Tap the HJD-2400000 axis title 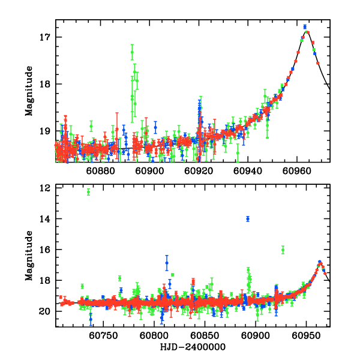click(x=192, y=347)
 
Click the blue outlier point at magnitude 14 click(x=247, y=218)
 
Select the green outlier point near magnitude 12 click(x=88, y=192)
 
